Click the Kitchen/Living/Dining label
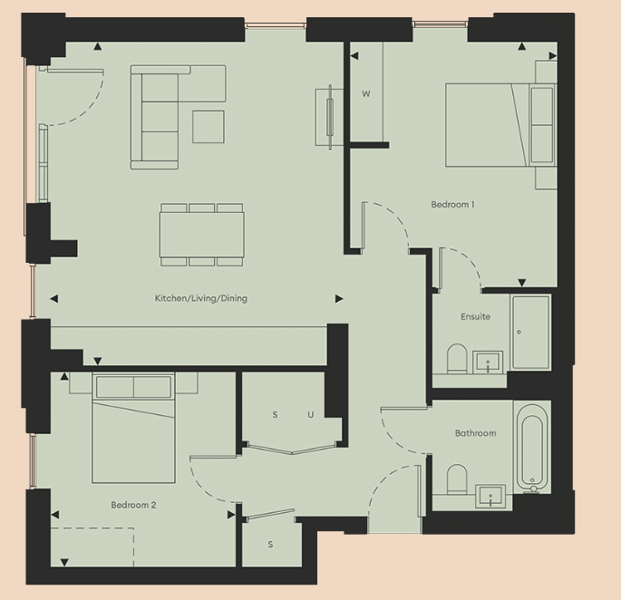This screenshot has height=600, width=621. point(200,298)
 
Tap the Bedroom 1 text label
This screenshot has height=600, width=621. point(452,205)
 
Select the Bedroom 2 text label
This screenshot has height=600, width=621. point(134,505)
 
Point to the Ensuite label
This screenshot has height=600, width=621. point(475,317)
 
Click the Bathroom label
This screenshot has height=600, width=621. point(475,433)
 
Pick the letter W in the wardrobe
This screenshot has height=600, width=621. point(366,94)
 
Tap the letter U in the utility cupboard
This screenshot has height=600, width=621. point(310,415)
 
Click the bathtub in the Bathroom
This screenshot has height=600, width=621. point(532,447)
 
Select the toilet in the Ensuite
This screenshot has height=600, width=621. point(457,358)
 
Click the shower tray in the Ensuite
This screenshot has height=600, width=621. point(530,332)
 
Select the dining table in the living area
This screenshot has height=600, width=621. point(202,234)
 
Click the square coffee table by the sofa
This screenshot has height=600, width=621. point(209,126)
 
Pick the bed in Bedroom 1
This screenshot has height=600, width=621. point(488,125)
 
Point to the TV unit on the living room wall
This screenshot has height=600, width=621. point(325,115)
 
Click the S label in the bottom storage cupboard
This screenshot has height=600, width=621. point(270,545)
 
